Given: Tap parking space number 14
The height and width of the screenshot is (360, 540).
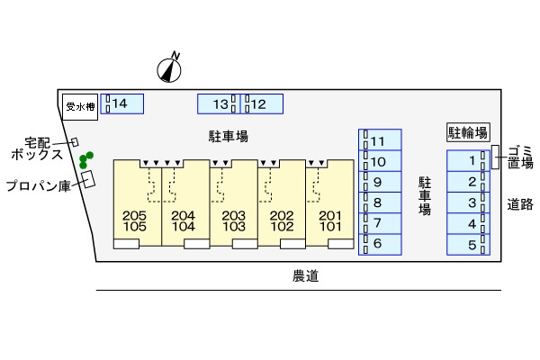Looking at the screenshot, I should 122,104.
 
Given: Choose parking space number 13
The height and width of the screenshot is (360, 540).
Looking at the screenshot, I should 217,104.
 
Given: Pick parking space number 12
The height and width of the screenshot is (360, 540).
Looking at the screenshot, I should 262,104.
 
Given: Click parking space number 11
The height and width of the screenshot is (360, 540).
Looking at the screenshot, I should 381,140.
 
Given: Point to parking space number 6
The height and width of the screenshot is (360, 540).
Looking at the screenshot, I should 381,243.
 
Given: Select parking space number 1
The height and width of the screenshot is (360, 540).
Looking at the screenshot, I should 468,161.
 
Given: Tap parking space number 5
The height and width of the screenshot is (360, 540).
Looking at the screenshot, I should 468,244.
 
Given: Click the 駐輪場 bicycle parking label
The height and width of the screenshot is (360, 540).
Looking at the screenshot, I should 468,132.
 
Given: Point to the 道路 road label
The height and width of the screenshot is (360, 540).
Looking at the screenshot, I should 519,203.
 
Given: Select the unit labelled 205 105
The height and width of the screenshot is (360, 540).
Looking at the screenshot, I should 134,220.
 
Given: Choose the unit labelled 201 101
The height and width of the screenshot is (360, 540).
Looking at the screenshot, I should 330,220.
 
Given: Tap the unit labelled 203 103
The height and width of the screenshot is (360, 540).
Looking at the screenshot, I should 233,220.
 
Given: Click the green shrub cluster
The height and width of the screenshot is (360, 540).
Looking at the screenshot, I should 85,161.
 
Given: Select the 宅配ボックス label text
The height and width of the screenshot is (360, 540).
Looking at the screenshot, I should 37,148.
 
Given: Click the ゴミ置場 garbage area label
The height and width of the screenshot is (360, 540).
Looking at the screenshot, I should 520,157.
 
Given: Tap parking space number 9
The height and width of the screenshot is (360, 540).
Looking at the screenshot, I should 381,182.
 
